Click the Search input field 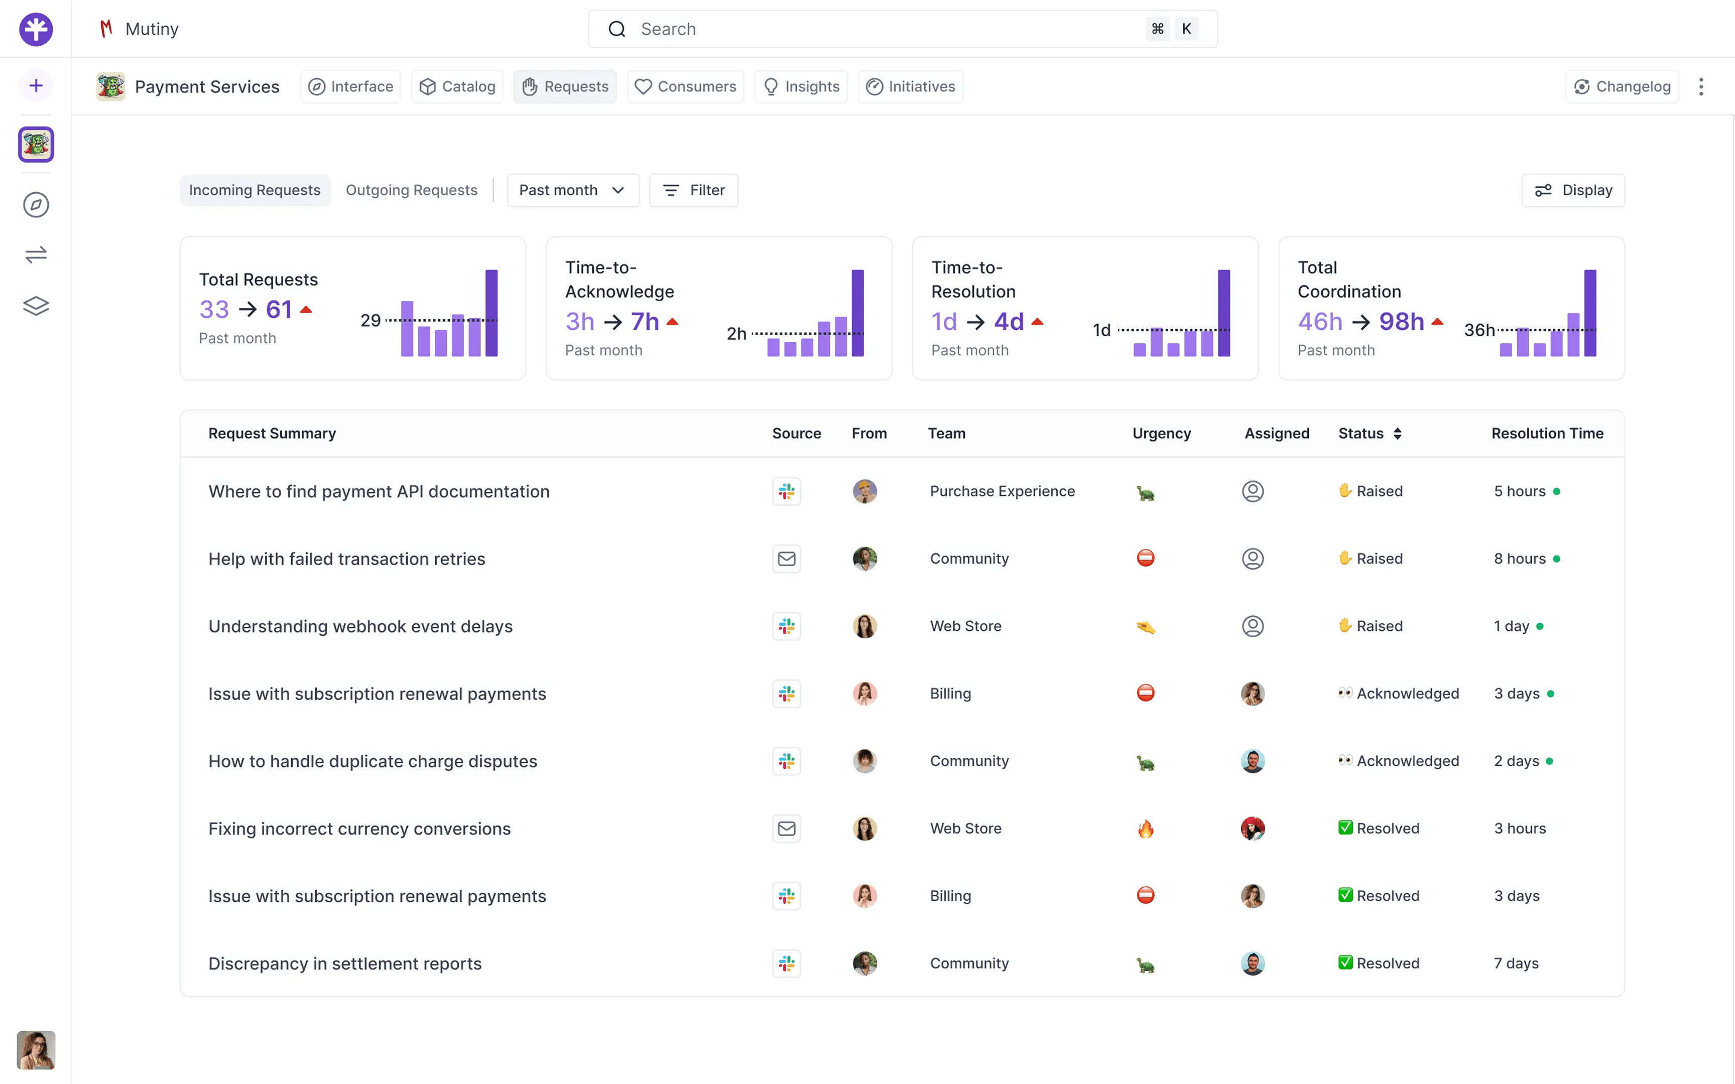tap(902, 29)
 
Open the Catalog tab tap(457, 87)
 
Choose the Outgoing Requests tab tap(412, 190)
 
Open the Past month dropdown tap(573, 190)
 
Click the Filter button tap(693, 190)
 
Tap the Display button tap(1573, 190)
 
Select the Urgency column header tap(1162, 433)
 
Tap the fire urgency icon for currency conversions tap(1146, 829)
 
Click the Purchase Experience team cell tap(1002, 491)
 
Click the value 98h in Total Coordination tap(1402, 322)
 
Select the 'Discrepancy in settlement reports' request tap(345, 964)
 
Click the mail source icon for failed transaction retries tap(787, 559)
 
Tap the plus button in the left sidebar tap(36, 86)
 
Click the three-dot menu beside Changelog tap(1700, 87)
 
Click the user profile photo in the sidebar tap(36, 1050)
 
